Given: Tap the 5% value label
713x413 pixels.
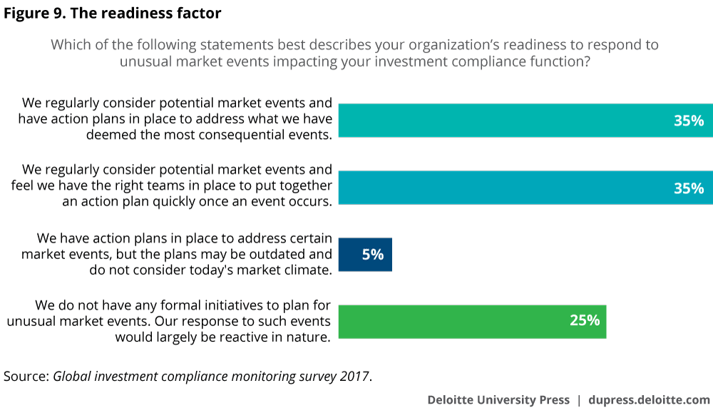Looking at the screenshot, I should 372,255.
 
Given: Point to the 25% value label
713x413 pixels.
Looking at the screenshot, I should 584,321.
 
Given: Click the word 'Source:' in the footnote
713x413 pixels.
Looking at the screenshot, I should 26,376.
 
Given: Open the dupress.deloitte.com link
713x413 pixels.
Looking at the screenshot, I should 649,400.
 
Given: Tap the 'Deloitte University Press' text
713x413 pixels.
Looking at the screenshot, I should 498,400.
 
